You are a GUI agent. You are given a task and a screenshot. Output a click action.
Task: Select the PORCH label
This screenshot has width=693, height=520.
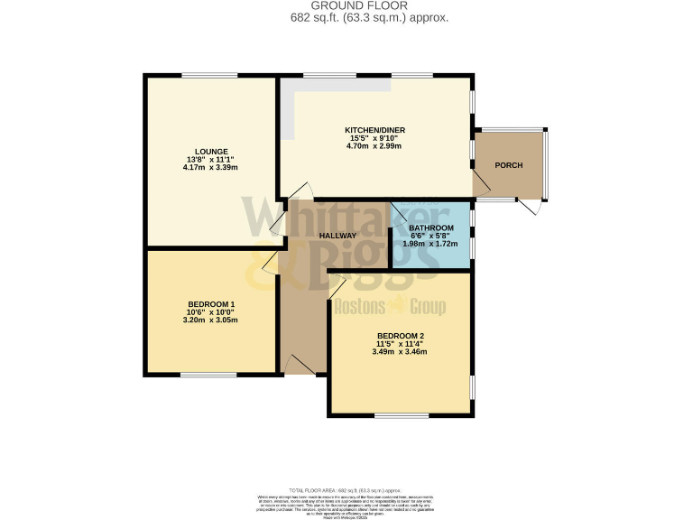508,165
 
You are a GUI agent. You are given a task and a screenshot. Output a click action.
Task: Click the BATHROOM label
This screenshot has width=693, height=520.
430,227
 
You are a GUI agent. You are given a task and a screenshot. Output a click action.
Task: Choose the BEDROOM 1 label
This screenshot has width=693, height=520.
211,303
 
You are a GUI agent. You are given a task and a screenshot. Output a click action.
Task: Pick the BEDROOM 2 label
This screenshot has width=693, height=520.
401,336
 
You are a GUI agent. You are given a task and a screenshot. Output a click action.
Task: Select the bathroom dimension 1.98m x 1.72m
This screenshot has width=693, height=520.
430,245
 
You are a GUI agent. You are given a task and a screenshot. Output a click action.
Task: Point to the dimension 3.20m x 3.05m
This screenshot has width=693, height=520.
211,320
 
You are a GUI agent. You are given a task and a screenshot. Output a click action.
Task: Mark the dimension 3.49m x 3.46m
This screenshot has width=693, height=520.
401,352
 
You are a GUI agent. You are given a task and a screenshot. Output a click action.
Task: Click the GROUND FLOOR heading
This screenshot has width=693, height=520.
346,5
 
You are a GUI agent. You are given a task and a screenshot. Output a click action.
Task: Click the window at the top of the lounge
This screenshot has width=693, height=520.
209,76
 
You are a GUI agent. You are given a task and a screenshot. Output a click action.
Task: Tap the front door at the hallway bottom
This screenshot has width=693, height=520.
298,366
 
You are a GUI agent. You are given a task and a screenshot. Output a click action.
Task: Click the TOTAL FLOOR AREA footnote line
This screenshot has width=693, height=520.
346,487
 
